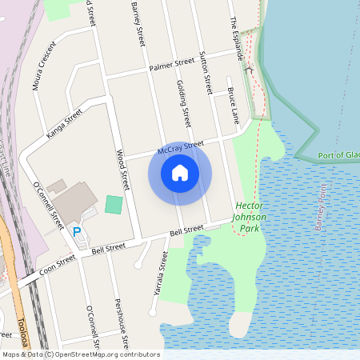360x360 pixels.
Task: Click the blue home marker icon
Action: pos(180,173)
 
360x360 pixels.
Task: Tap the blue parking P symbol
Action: pos(77,232)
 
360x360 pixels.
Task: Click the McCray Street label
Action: pos(181,147)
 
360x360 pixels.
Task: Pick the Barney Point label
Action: pos(321,206)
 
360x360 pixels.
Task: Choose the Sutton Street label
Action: pos(206,72)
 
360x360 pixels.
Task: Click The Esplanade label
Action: pos(237,37)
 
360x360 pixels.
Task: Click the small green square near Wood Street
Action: pos(114,204)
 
